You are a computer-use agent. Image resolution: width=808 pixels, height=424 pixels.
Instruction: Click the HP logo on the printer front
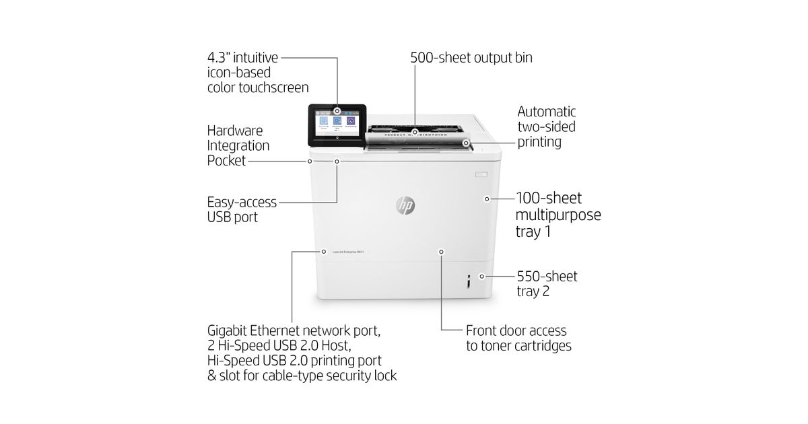405,205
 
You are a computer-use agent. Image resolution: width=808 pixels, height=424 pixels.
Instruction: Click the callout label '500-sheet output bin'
471,58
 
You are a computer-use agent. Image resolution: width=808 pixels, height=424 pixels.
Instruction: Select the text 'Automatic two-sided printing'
546,127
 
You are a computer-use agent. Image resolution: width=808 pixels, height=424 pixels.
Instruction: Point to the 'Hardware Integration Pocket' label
238,145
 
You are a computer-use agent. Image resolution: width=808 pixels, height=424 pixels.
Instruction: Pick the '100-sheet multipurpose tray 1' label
558,215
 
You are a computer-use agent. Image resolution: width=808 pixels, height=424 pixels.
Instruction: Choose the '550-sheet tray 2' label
547,283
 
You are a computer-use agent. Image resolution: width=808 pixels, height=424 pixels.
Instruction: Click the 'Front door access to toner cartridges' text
518,339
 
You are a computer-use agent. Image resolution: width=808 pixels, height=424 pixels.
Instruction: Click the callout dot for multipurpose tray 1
487,199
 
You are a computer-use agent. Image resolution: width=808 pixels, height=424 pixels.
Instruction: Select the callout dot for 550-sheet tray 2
482,276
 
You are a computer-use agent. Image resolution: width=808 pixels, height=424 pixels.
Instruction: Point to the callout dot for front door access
442,252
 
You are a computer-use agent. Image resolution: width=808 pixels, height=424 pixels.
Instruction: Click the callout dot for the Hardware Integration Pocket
310,162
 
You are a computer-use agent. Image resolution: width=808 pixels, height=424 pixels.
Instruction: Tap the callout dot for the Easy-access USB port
337,162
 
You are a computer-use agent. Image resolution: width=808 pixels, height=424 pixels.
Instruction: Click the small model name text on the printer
348,252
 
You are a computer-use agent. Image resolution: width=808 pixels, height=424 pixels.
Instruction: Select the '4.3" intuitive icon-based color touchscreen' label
258,73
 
